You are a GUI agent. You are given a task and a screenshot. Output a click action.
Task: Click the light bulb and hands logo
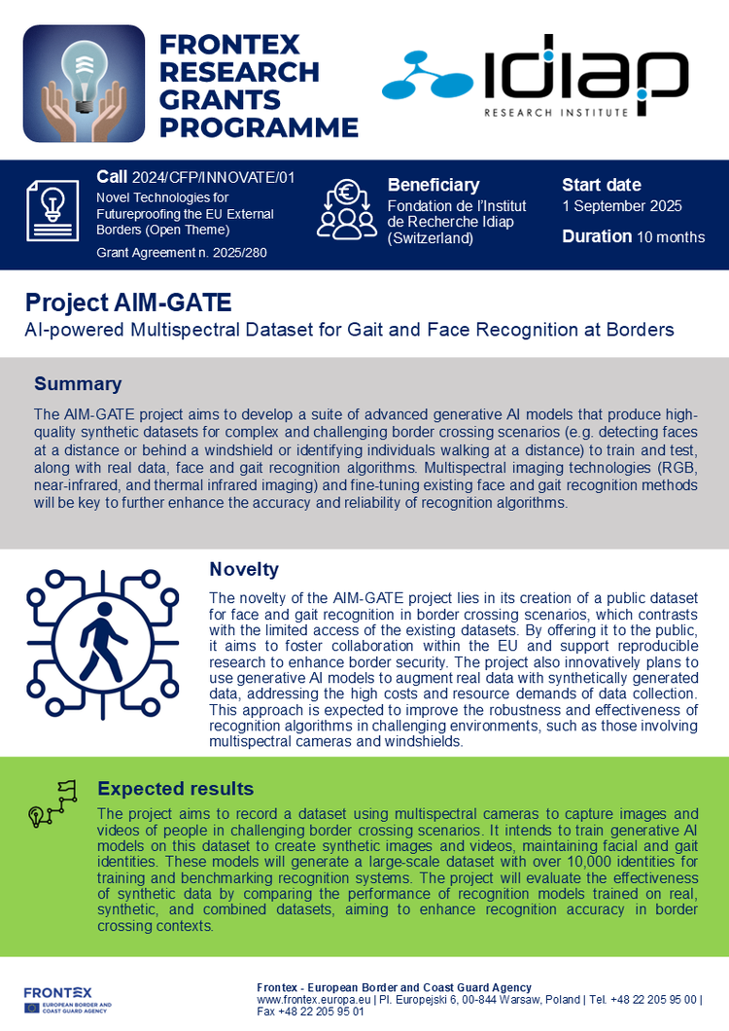click(x=84, y=84)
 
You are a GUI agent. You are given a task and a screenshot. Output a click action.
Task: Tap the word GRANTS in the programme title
click(x=220, y=99)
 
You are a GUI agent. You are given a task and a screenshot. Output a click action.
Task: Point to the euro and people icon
click(x=347, y=208)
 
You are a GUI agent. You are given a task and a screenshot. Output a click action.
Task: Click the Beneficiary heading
click(x=434, y=185)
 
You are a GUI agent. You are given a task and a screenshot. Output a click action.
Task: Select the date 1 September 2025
click(x=622, y=206)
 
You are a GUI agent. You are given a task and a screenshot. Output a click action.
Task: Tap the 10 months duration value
click(x=671, y=237)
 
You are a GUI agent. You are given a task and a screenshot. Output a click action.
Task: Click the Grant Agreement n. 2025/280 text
click(x=181, y=253)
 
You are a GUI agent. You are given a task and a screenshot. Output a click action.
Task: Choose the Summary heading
click(x=78, y=383)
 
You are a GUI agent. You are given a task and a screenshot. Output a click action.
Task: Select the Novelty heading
click(x=244, y=569)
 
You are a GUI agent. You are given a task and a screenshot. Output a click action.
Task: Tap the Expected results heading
click(x=176, y=789)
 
